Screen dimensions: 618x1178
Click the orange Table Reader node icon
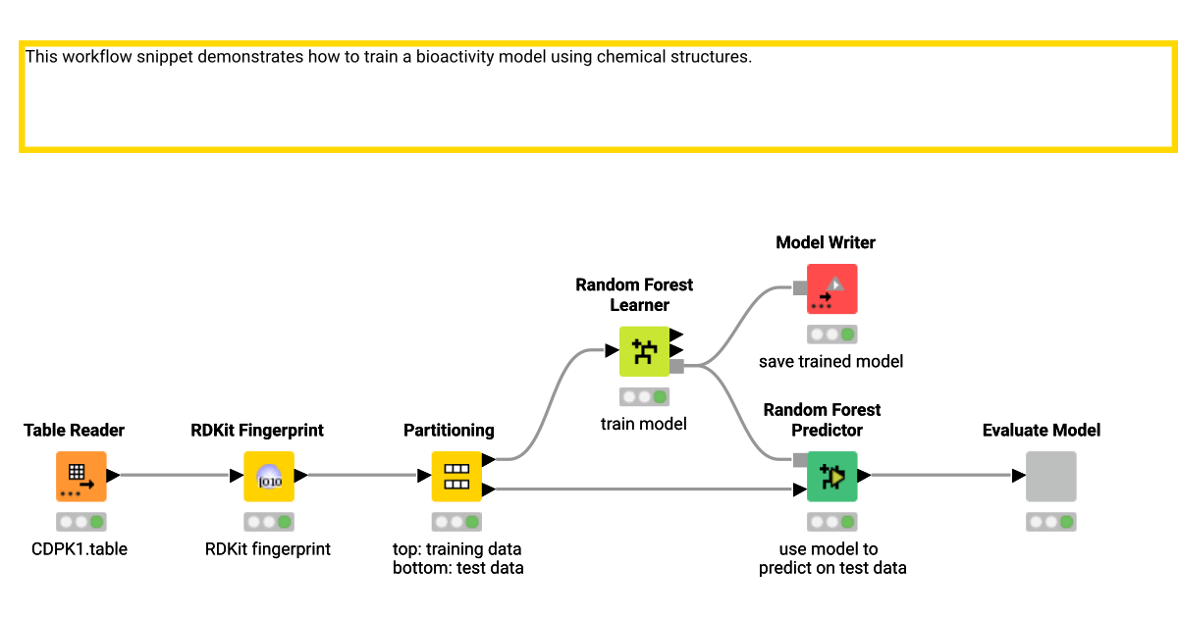tap(80, 476)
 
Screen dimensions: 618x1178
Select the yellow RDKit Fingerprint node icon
tap(269, 476)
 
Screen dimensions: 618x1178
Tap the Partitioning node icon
tap(456, 476)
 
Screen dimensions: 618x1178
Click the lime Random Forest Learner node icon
tap(644, 351)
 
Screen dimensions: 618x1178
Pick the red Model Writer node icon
tap(831, 288)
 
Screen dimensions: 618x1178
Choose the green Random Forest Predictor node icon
tap(831, 476)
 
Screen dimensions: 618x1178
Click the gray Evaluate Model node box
tap(1050, 476)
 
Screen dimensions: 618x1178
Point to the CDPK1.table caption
tap(80, 549)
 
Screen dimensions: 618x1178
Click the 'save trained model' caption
tap(830, 361)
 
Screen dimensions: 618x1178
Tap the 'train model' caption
tap(644, 424)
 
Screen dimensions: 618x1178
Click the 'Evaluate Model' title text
tap(1042, 430)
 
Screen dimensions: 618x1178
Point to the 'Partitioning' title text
tap(449, 430)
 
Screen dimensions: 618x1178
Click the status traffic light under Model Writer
tap(831, 335)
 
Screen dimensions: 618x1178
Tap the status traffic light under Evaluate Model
tap(1050, 522)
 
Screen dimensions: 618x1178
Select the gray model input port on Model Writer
tap(800, 288)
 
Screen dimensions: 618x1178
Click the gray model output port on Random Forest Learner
tap(676, 366)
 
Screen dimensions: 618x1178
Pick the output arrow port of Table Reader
tap(112, 476)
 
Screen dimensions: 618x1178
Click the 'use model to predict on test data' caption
tap(832, 558)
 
